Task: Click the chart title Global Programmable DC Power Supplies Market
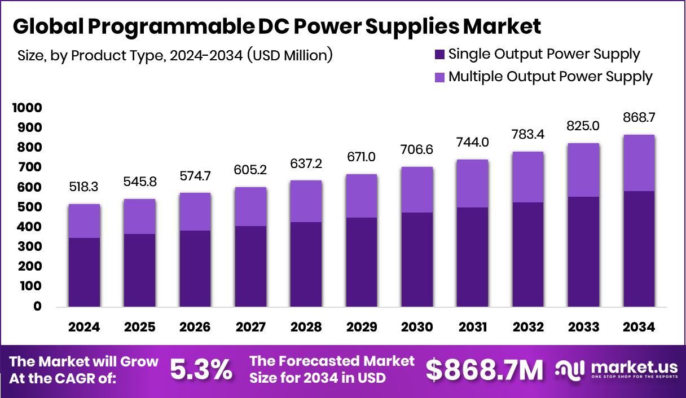(x=276, y=26)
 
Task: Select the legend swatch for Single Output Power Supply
(x=439, y=55)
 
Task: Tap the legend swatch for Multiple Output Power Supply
(x=439, y=77)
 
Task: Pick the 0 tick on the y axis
(x=37, y=307)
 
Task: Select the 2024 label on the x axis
(x=84, y=328)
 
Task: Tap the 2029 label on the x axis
(x=362, y=328)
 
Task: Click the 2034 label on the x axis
(x=639, y=328)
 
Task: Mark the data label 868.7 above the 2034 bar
(x=639, y=118)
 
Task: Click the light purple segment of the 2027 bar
(x=250, y=206)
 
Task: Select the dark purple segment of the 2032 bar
(x=528, y=254)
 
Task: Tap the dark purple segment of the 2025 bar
(x=139, y=270)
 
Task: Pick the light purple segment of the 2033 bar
(x=583, y=170)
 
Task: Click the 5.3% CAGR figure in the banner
(x=201, y=370)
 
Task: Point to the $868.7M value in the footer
(x=485, y=370)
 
